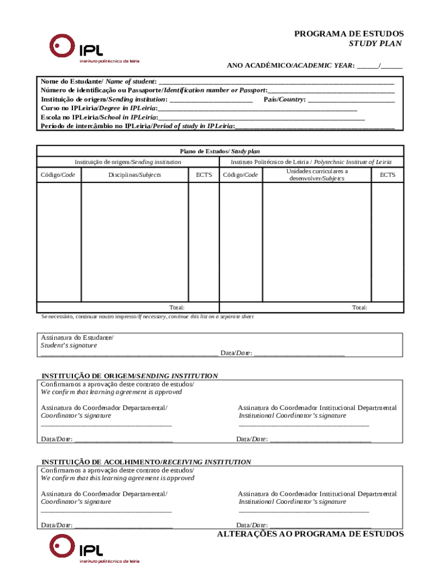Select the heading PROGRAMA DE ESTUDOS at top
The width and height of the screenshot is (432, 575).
click(x=349, y=34)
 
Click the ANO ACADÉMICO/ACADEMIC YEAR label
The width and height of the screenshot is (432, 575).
click(x=290, y=66)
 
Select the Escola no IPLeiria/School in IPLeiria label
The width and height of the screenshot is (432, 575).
click(x=98, y=117)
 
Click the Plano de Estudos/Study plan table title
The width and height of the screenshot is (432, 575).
click(x=219, y=151)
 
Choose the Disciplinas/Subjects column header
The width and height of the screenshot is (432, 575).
click(x=135, y=175)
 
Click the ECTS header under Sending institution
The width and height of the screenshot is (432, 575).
click(x=204, y=175)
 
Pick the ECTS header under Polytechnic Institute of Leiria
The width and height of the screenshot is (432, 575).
click(x=387, y=175)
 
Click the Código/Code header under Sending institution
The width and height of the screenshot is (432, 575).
click(x=58, y=175)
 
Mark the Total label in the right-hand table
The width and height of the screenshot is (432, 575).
click(x=360, y=307)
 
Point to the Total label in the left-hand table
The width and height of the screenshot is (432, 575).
click(x=177, y=307)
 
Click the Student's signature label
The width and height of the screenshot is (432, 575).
click(x=69, y=345)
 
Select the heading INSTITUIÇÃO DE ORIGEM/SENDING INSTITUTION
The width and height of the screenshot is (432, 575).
click(x=130, y=375)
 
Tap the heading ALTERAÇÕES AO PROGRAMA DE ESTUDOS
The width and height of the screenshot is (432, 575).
click(x=310, y=534)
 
